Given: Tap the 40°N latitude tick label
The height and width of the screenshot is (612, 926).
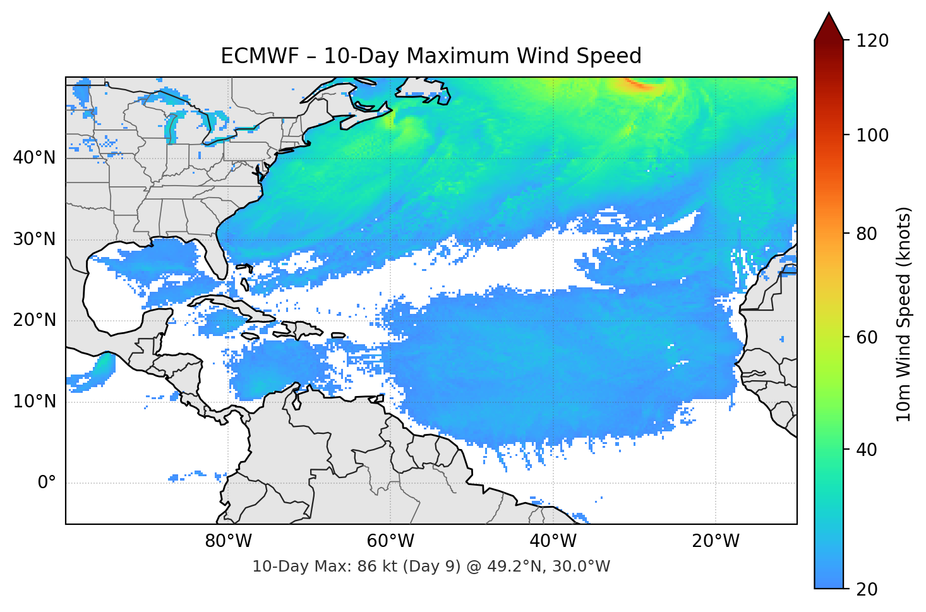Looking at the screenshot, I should click(x=34, y=158).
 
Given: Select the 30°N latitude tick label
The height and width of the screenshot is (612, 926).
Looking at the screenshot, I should click(x=34, y=239).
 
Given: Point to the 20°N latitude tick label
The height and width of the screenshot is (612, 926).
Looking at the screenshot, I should click(x=34, y=320).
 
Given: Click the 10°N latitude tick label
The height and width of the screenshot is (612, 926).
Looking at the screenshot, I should click(x=34, y=402).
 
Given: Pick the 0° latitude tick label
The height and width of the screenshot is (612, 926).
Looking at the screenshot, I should click(x=47, y=483).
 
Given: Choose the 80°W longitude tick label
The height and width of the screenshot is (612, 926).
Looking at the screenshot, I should click(x=228, y=541).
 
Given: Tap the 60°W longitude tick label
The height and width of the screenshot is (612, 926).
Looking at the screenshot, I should click(x=390, y=541).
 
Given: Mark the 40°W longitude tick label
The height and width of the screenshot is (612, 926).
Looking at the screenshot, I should click(x=553, y=541).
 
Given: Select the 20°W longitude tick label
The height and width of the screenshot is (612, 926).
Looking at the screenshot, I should click(x=715, y=541).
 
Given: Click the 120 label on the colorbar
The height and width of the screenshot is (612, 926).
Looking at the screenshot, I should click(x=872, y=41).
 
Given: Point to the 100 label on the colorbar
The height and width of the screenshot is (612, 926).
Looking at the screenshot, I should click(x=872, y=135).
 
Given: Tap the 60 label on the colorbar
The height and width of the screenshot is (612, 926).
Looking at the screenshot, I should click(x=867, y=337).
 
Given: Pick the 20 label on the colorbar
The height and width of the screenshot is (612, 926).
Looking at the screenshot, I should click(x=867, y=589).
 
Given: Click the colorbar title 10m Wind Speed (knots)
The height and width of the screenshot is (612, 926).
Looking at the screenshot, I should click(x=904, y=315).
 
